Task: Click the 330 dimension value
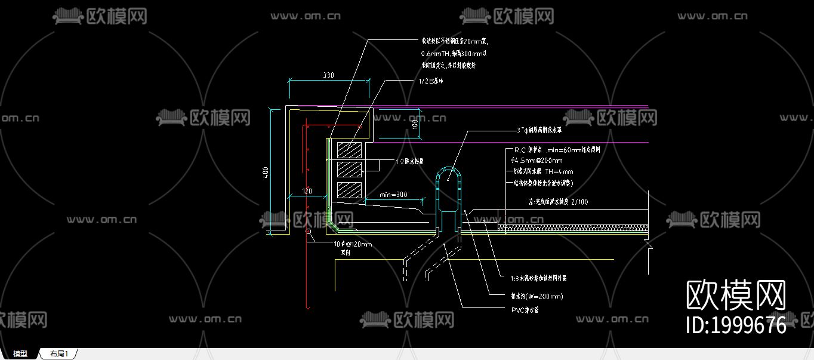[x=328, y=75]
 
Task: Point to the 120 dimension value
[x=307, y=191]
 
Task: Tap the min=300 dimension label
[x=393, y=195]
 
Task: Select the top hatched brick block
[x=349, y=150]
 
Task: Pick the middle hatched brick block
[x=349, y=170]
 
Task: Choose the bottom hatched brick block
[x=349, y=190]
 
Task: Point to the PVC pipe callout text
[x=525, y=310]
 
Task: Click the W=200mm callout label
[x=536, y=296]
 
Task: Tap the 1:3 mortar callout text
[x=538, y=278]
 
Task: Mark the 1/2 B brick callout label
[x=431, y=81]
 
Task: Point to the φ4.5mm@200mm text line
[x=536, y=161]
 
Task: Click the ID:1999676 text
[x=736, y=325]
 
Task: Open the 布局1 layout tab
[x=59, y=354]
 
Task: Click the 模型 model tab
[x=20, y=354]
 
